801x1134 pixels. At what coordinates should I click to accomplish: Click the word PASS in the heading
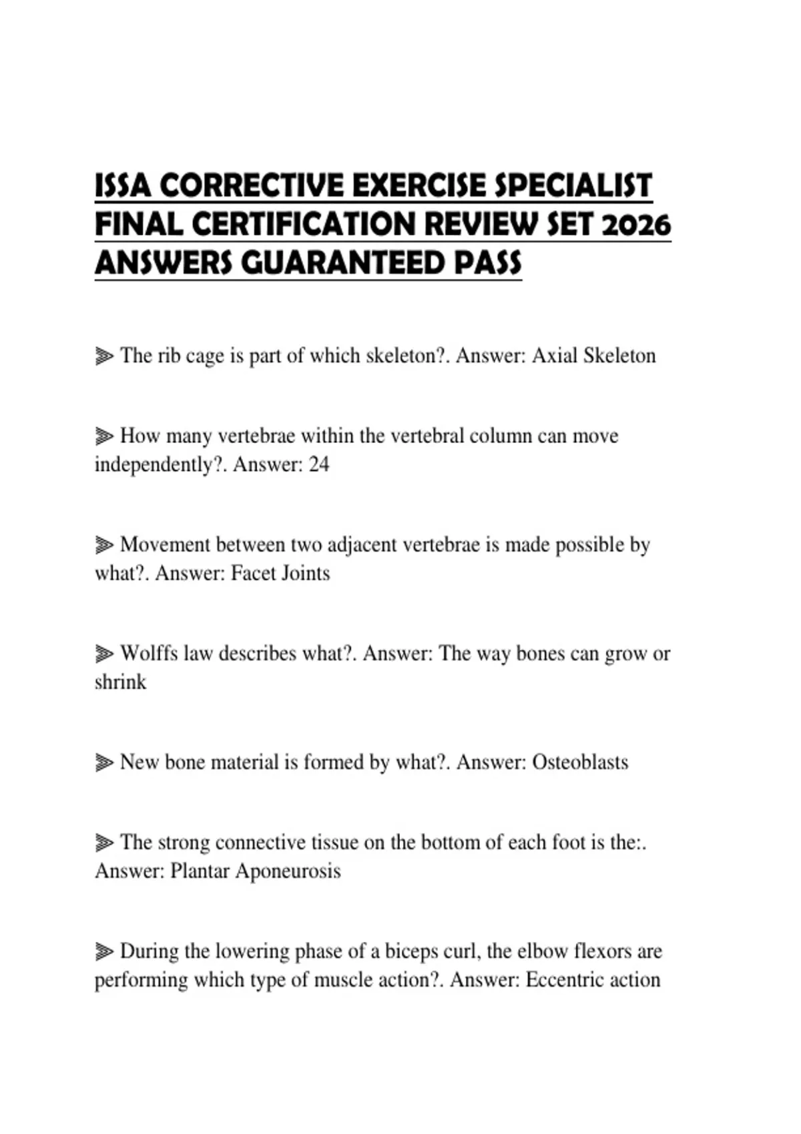[488, 263]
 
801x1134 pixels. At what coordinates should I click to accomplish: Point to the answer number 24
[318, 464]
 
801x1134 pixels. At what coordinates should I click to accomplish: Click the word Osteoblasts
[580, 762]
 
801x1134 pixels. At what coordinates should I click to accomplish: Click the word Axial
[554, 356]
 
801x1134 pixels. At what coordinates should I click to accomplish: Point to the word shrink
[120, 682]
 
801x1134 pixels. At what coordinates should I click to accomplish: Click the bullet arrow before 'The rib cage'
[103, 356]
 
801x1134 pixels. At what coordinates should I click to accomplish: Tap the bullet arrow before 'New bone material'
[103, 762]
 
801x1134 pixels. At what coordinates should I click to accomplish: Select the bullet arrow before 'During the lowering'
[103, 951]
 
